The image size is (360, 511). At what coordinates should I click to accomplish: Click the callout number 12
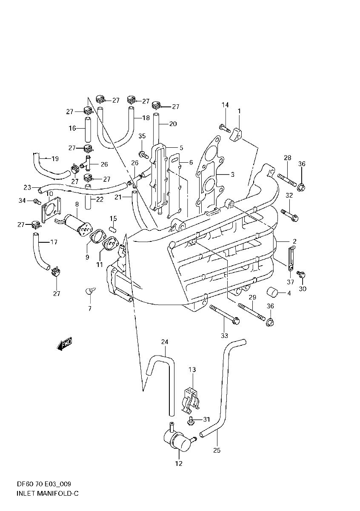click(179, 463)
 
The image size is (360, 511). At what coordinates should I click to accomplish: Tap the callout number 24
click(165, 342)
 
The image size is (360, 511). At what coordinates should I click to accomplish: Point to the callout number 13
click(192, 369)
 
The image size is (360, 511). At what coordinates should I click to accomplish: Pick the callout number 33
click(224, 336)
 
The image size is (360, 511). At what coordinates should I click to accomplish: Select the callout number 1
click(239, 111)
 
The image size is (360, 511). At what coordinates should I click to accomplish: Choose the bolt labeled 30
click(301, 275)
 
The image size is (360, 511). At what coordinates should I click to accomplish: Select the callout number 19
click(55, 159)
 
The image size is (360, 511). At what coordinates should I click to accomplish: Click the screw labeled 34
click(36, 201)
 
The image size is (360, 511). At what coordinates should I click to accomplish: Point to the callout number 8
click(77, 204)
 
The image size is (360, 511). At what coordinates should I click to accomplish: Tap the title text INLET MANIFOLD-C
click(42, 494)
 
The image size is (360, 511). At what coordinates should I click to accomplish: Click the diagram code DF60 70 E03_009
click(44, 484)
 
